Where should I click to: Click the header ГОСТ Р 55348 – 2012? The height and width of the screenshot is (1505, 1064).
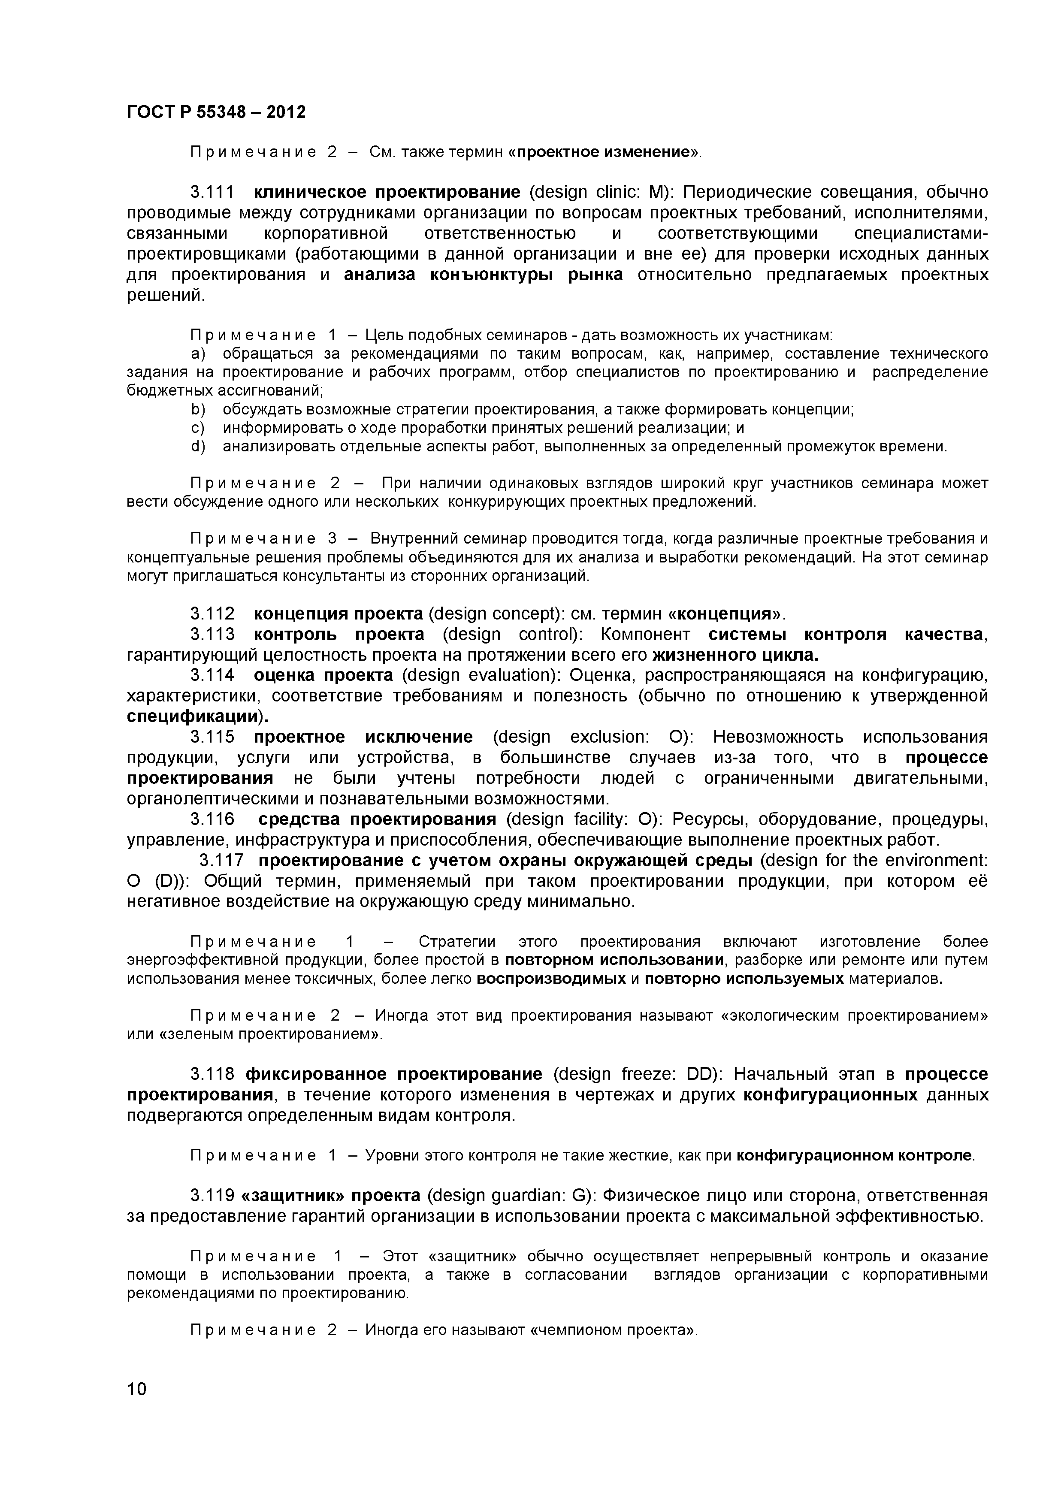point(216,113)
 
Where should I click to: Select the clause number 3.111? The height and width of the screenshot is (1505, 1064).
point(212,192)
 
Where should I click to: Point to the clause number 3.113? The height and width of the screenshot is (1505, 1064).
point(212,635)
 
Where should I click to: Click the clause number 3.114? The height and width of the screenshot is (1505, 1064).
point(212,675)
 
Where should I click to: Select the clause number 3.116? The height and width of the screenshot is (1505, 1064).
point(212,819)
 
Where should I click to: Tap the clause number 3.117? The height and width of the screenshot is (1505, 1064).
point(221,860)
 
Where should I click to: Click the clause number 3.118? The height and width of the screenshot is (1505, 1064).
point(212,1074)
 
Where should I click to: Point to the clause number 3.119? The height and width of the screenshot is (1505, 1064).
point(212,1196)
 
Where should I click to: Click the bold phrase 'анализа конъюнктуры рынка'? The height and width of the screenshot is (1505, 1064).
point(483,275)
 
